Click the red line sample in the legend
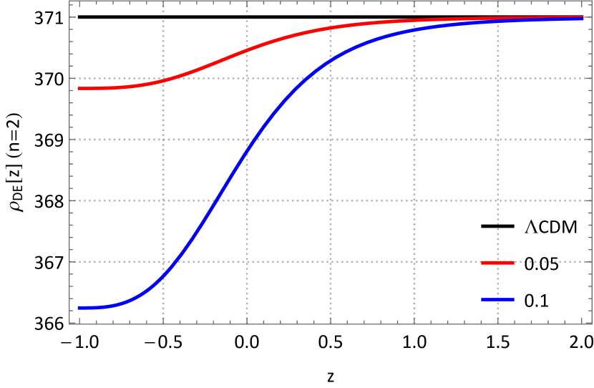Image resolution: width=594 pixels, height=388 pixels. (497, 263)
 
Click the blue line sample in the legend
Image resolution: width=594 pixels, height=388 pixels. (497, 299)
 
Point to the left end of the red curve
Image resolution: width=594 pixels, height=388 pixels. (78, 88)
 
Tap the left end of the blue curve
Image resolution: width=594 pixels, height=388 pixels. (78, 308)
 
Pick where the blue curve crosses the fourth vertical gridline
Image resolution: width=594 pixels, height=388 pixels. (414, 30)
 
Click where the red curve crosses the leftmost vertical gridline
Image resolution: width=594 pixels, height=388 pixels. (163, 79)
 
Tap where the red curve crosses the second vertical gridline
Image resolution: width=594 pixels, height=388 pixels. (247, 50)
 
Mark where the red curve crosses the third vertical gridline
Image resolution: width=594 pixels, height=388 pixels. (331, 28)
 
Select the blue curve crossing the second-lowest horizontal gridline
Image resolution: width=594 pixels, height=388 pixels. (215, 200)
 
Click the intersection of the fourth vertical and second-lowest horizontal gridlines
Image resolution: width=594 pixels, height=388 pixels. (414, 200)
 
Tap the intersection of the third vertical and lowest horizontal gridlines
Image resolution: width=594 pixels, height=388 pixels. (331, 262)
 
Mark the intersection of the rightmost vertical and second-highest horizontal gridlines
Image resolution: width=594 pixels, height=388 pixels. (498, 140)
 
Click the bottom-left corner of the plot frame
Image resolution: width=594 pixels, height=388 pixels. (70, 324)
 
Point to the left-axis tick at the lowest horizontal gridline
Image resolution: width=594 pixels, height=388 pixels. (72, 262)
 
